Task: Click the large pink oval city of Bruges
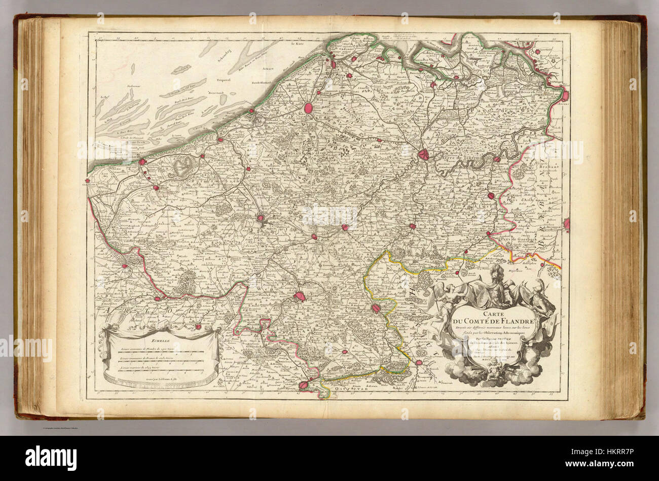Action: [x=308, y=108]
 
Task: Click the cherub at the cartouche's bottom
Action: [x=491, y=373]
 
